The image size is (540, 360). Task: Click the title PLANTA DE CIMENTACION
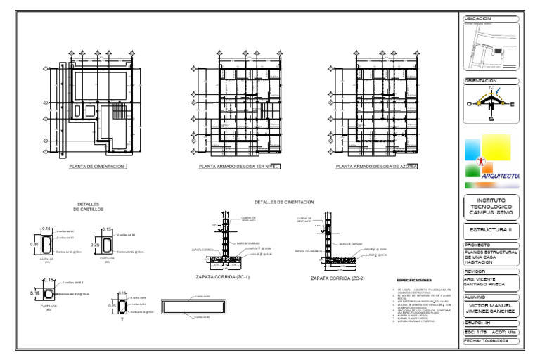[98, 167]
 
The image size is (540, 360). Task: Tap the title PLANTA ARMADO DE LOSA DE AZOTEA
[376, 167]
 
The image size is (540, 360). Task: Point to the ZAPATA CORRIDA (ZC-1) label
[221, 278]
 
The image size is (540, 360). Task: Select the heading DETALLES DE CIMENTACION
[284, 202]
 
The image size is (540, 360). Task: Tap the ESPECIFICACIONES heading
[415, 279]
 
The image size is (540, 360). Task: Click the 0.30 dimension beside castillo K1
[34, 244]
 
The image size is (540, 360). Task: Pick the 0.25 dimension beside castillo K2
[96, 245]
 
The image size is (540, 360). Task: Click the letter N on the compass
[491, 89]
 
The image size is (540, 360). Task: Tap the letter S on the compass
[491, 118]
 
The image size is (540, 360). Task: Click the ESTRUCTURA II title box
[491, 229]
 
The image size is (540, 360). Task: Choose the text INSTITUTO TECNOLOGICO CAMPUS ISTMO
[491, 206]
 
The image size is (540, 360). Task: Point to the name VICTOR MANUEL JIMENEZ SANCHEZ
[491, 308]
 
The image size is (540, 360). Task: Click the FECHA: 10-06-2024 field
[491, 341]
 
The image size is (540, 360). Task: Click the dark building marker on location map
[498, 51]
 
